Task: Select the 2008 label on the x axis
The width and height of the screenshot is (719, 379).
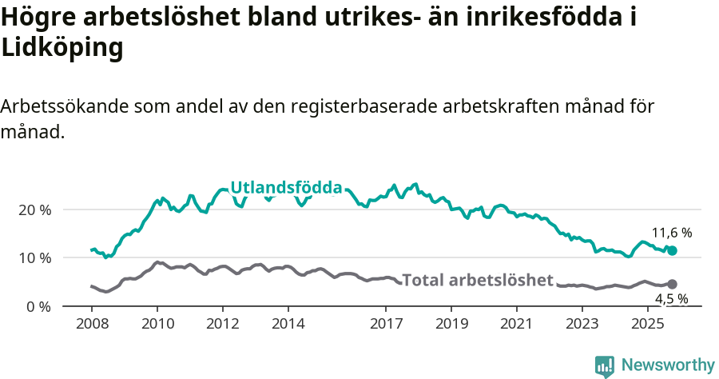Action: pos(92,325)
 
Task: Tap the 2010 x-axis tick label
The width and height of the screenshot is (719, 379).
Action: pos(157,325)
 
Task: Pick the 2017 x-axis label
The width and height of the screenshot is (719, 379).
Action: pos(386,325)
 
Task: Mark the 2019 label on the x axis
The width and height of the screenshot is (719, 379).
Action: pos(451,325)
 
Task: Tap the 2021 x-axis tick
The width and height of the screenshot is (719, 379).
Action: pos(517,325)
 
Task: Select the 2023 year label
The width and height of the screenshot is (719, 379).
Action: pos(582,325)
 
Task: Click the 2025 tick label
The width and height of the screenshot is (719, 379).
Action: pos(648,325)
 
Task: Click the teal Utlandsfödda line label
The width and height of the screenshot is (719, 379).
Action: pos(286,189)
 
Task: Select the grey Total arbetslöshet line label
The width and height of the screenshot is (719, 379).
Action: pos(478,280)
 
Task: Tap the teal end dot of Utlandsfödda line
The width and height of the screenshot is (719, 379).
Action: pos(672,251)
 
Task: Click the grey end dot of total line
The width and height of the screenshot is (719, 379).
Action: pos(672,284)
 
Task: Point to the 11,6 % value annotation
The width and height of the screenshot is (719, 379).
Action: pos(672,233)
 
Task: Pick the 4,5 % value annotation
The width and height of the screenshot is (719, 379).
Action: pos(672,300)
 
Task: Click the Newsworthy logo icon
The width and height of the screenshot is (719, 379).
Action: pos(605,365)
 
